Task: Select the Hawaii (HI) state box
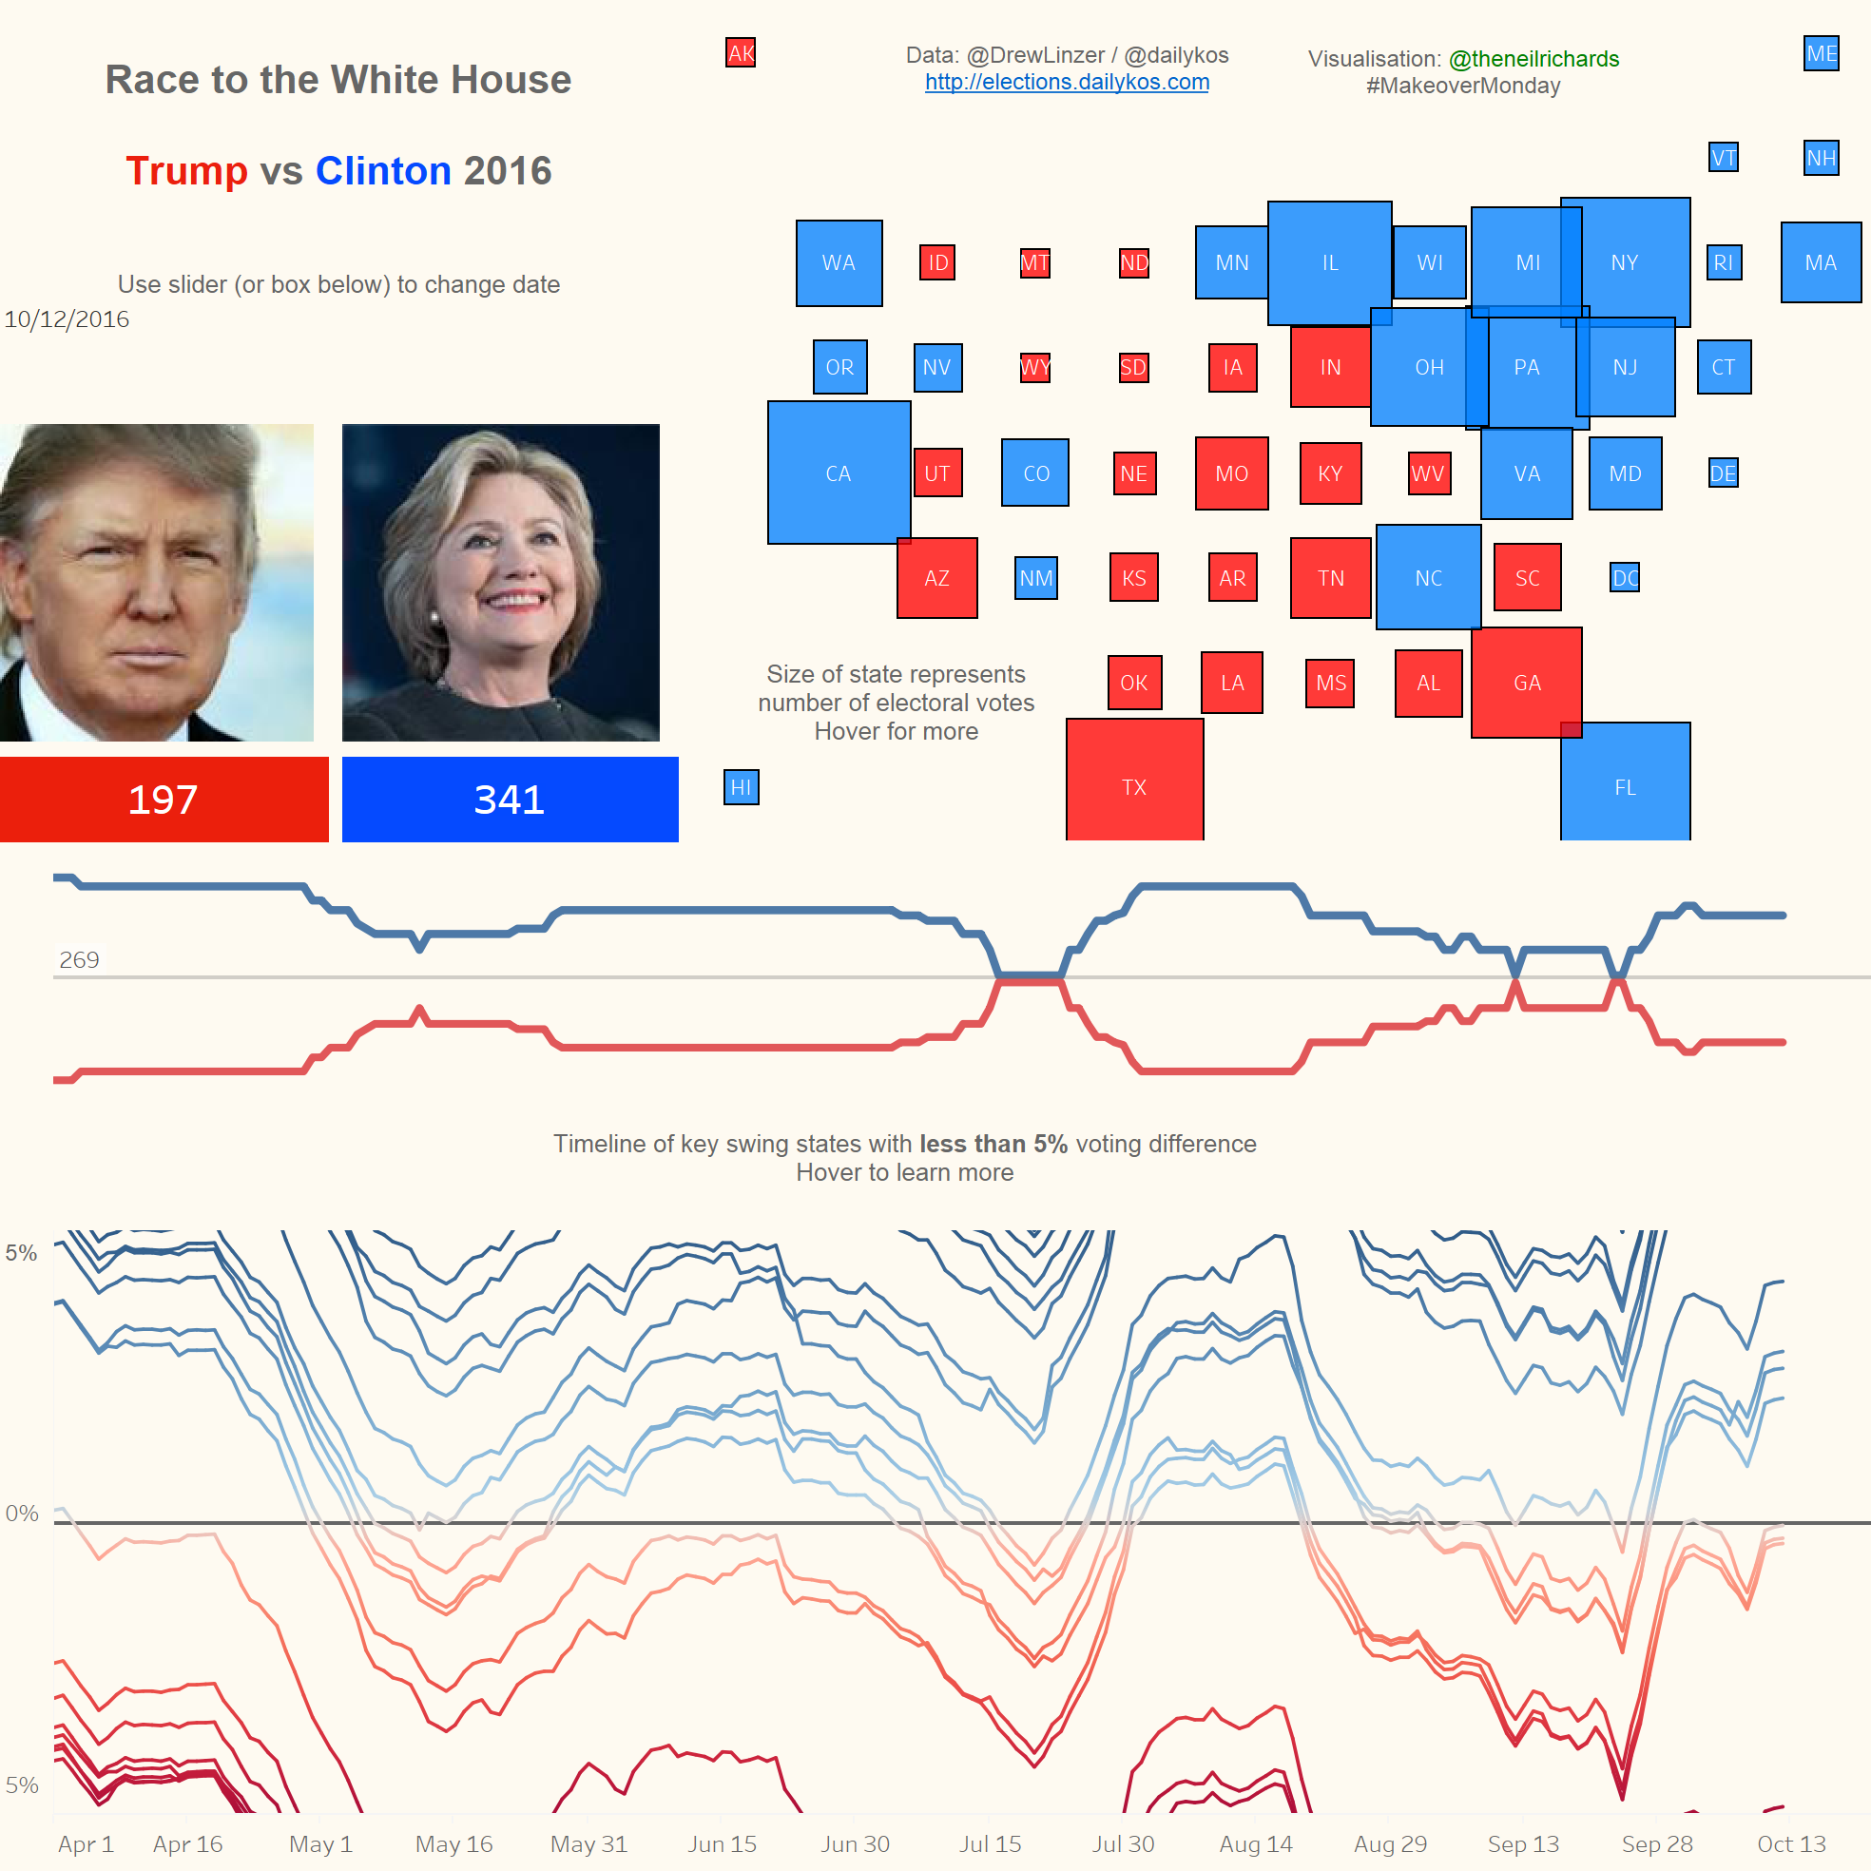[x=741, y=787]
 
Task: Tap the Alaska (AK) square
[x=741, y=53]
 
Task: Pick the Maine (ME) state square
[x=1821, y=53]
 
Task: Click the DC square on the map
[x=1624, y=578]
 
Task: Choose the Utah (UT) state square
[x=937, y=473]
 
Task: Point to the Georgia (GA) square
[x=1526, y=683]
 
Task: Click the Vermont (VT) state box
[x=1723, y=158]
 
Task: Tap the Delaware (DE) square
[x=1723, y=473]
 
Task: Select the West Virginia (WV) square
[x=1428, y=473]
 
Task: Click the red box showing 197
[x=164, y=800]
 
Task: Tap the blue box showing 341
[x=510, y=800]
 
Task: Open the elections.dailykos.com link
[x=1067, y=83]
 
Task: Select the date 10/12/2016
[x=67, y=319]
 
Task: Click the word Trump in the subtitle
[x=187, y=171]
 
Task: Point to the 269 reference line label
[x=80, y=959]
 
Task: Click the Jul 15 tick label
[x=990, y=1843]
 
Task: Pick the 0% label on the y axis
[x=22, y=1514]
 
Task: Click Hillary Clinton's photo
[x=501, y=583]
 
